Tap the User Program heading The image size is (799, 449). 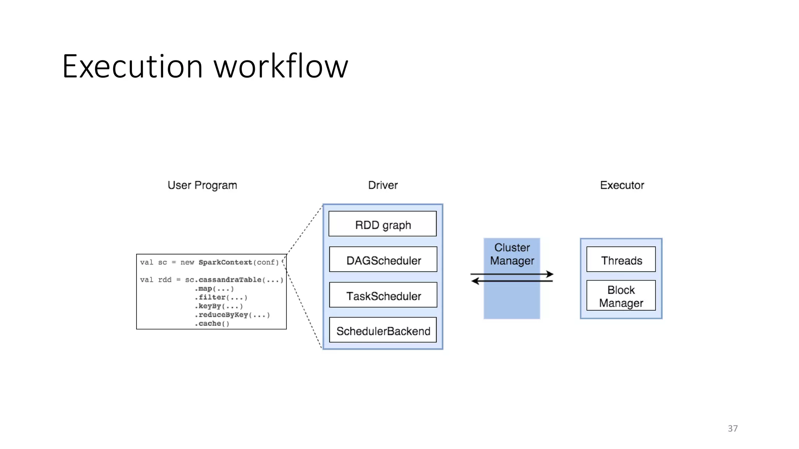[x=202, y=185]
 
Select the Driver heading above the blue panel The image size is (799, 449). [x=383, y=185]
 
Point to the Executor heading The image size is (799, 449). [x=622, y=185]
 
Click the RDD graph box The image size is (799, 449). [x=383, y=224]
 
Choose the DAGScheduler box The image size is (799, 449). [x=383, y=260]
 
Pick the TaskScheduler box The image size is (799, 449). [x=383, y=295]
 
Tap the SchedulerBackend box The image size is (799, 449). [x=383, y=330]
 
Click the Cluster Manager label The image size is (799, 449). [x=512, y=254]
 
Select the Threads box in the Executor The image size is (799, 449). [x=621, y=260]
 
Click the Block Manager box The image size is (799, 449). [x=621, y=296]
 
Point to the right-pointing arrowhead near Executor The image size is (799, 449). [x=550, y=274]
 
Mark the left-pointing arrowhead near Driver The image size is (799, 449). [x=475, y=281]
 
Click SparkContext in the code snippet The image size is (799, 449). [x=225, y=262]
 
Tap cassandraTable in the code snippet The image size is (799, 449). [x=230, y=280]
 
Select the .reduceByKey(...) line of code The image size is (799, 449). [x=232, y=315]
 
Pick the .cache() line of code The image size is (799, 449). [x=212, y=323]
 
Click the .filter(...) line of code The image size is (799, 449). [x=221, y=297]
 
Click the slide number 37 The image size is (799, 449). [x=733, y=428]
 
